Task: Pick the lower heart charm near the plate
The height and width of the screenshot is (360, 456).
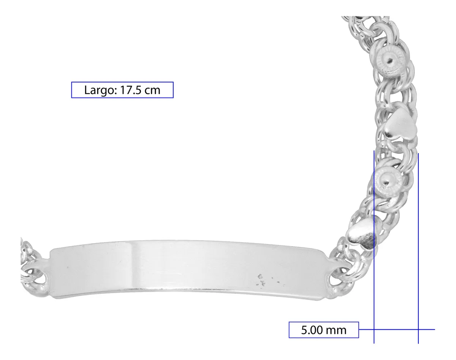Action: pyautogui.click(x=362, y=235)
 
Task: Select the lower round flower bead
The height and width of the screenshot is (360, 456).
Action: pyautogui.click(x=387, y=182)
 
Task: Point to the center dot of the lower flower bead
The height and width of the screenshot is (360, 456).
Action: pyautogui.click(x=386, y=183)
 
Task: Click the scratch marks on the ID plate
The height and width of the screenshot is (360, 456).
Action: pyautogui.click(x=266, y=280)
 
